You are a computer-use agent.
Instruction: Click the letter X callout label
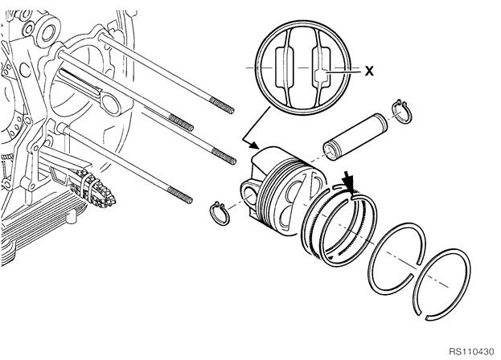coord(369,71)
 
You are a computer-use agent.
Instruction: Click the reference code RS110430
coord(471,352)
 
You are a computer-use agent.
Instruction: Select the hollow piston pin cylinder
coord(355,137)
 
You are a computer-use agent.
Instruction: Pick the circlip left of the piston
coord(220,213)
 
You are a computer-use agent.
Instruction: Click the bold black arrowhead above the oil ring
coord(349,183)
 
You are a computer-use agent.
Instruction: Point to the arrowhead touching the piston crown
coord(254,145)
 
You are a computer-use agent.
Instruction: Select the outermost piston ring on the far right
coord(441,284)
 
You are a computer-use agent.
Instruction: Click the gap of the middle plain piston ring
coord(415,268)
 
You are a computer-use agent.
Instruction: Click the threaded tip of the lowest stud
coord(180,194)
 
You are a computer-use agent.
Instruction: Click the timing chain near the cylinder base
coord(95,188)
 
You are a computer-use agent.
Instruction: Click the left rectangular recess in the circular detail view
coord(284,67)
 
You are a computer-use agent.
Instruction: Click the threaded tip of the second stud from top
coord(181,123)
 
